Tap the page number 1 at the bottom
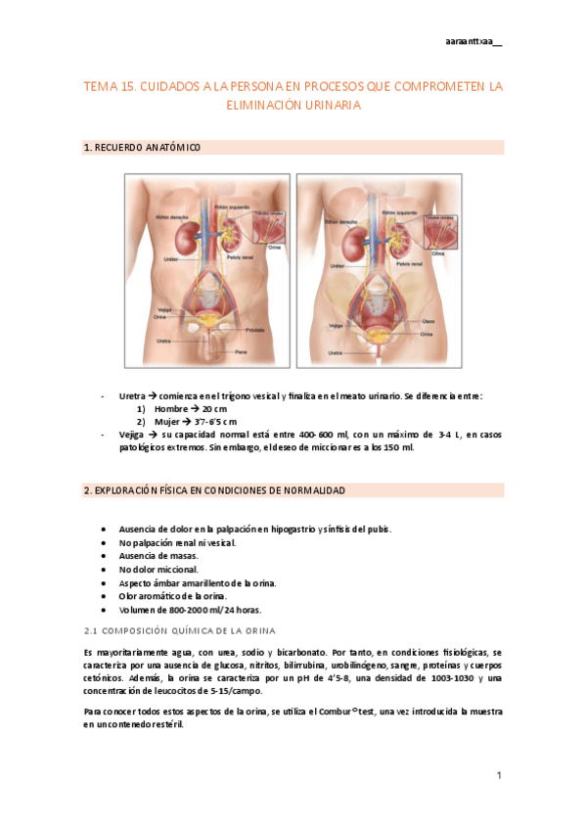tap(499, 775)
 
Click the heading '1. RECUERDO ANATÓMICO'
tap(142, 148)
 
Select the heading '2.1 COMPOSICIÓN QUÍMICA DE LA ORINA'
tap(181, 629)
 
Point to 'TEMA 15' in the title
tap(109, 87)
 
